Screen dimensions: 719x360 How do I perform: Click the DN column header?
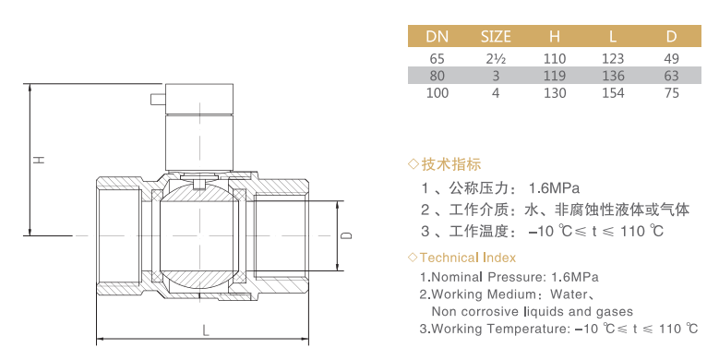[x=437, y=36]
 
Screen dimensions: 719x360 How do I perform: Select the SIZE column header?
[x=496, y=36]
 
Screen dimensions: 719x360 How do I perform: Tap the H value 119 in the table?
[x=555, y=76]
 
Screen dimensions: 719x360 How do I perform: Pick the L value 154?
[x=613, y=93]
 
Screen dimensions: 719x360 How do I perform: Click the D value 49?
[x=671, y=59]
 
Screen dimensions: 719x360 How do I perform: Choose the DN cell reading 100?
[x=437, y=93]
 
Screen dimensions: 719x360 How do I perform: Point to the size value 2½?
[x=496, y=59]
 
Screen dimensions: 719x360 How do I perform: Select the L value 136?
[x=613, y=76]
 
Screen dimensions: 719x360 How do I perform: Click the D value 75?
[x=671, y=93]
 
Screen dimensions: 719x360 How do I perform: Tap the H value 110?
[x=555, y=59]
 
